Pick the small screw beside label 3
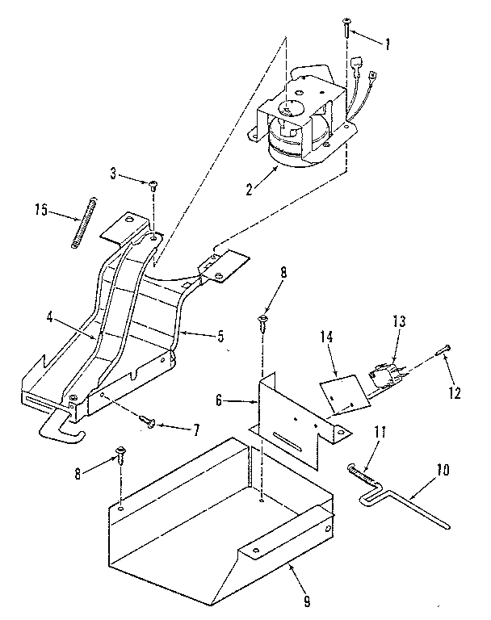[x=152, y=186]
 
